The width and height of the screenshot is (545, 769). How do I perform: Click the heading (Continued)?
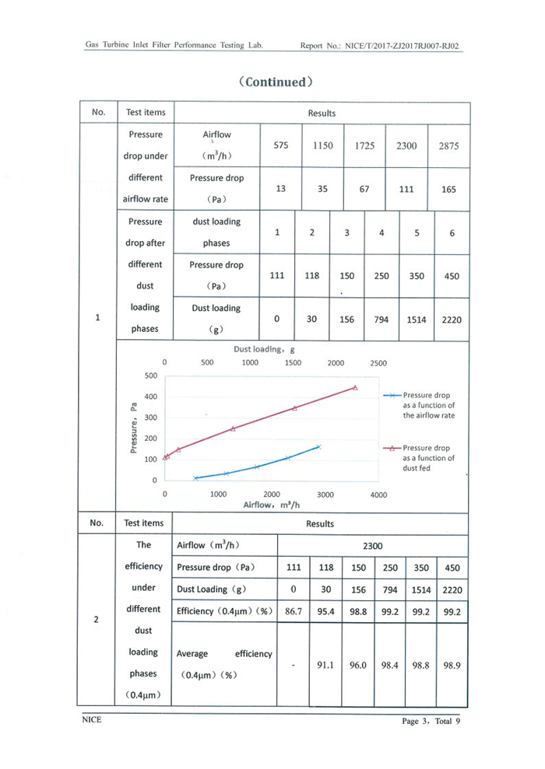coord(276,82)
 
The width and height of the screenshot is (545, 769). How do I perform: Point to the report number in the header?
coord(379,46)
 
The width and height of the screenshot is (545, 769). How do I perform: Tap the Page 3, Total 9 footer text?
coord(426,721)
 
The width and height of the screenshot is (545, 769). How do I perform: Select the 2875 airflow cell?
coord(448,145)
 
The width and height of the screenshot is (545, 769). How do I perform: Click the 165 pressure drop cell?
coord(448,189)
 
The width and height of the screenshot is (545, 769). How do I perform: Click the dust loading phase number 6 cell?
coord(452,232)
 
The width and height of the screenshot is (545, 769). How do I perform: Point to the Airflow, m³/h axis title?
coord(272,504)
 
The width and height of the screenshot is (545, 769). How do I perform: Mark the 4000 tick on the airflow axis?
coord(378,494)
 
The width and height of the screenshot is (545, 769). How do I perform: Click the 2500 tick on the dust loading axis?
coord(378,362)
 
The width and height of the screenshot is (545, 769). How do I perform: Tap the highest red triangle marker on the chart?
coord(355,387)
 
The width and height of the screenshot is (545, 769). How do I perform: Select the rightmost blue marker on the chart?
coord(318,447)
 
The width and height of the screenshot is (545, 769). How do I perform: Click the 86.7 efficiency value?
coord(294,611)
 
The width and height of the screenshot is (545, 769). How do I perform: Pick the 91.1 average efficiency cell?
coord(325,665)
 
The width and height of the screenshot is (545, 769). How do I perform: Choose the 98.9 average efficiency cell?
coord(452,665)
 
